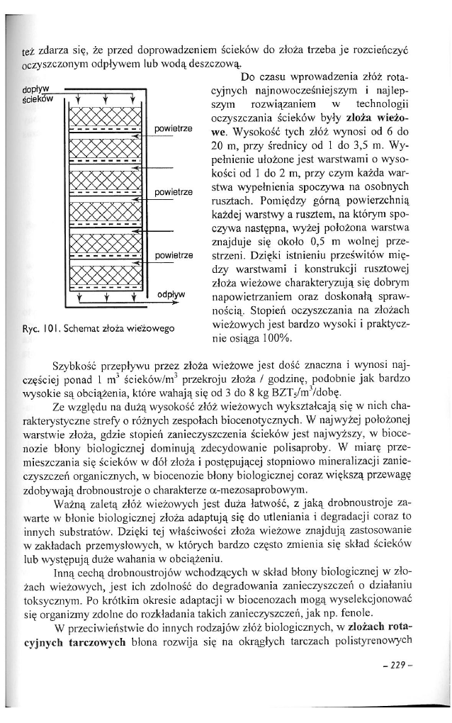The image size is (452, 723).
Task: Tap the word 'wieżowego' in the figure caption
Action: click(152, 328)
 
